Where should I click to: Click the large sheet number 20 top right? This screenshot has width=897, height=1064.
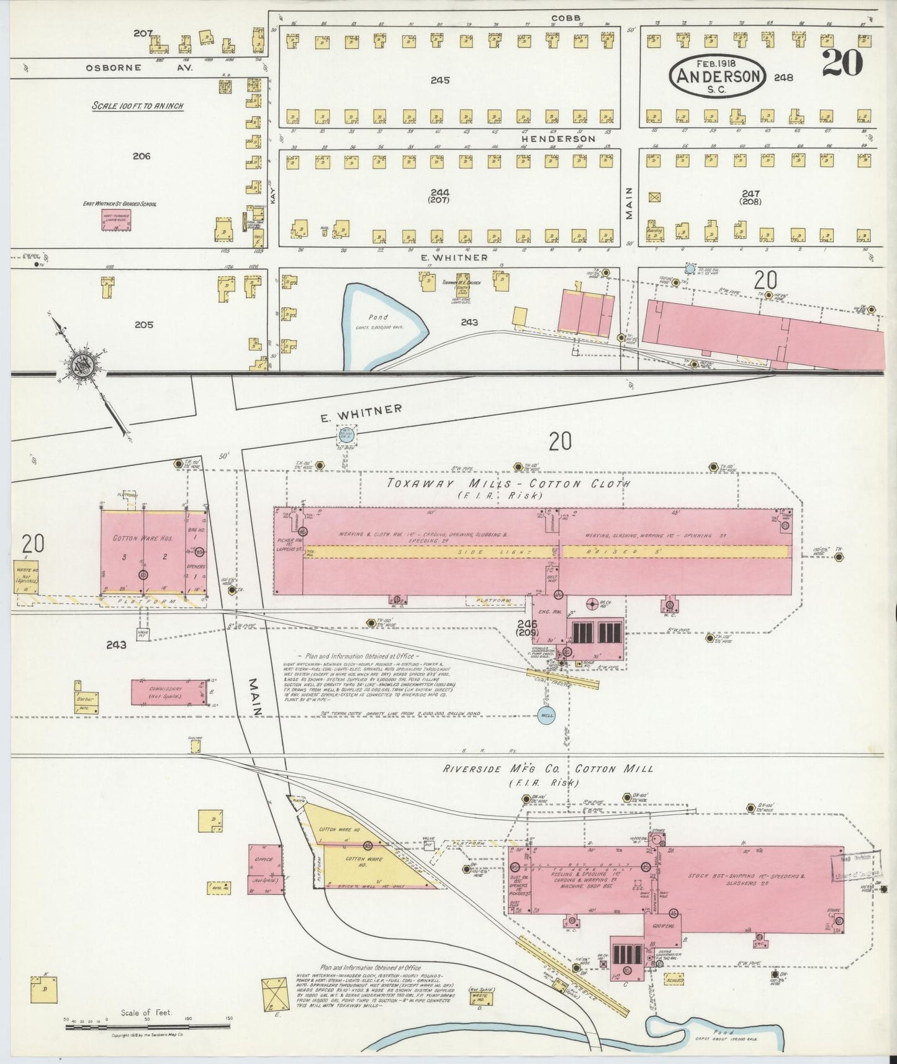click(x=842, y=62)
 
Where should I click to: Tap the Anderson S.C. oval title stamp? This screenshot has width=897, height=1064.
click(x=718, y=76)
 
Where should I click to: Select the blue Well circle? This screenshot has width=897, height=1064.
click(x=547, y=715)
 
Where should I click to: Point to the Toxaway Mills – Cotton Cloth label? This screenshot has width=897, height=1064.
click(x=508, y=484)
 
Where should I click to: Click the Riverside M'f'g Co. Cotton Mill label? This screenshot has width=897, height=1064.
click(x=548, y=769)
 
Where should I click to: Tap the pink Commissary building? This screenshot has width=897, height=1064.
click(x=169, y=692)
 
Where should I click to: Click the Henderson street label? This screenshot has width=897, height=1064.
click(x=558, y=139)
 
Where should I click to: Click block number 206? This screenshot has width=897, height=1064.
click(x=142, y=156)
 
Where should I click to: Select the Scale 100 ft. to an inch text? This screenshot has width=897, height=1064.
click(x=137, y=106)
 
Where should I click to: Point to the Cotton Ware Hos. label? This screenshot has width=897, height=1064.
click(x=143, y=538)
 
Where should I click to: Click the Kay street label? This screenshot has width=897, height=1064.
click(x=273, y=196)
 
